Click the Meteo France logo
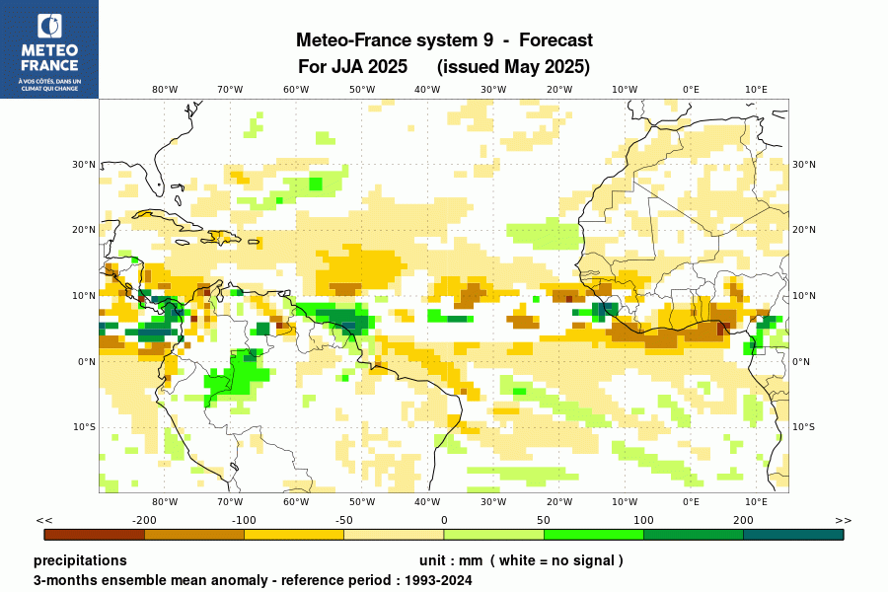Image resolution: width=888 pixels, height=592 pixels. (x=49, y=49)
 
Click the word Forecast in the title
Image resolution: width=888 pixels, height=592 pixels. (x=555, y=40)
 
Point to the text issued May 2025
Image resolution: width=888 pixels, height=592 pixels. (x=513, y=67)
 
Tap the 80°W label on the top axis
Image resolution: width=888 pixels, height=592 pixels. (x=165, y=89)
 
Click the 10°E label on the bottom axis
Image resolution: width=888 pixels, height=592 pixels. (x=757, y=502)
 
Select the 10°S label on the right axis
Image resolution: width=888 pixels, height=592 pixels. (x=804, y=427)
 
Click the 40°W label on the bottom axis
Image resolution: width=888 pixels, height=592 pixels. (x=427, y=502)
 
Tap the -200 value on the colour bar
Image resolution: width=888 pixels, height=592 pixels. (x=145, y=520)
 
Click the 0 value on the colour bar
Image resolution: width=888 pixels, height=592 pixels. (x=444, y=520)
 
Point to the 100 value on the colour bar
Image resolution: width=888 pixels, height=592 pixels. (x=643, y=520)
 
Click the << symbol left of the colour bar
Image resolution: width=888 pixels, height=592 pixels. (x=43, y=520)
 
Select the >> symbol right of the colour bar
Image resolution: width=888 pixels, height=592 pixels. (x=843, y=520)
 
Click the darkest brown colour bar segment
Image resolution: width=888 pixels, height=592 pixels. (x=95, y=535)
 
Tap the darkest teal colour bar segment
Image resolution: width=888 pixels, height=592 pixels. (x=793, y=535)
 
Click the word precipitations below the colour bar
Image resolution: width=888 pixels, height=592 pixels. (x=80, y=560)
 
